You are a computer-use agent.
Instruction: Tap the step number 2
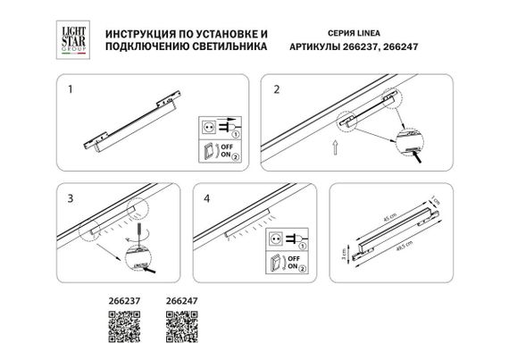pos(277,90)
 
